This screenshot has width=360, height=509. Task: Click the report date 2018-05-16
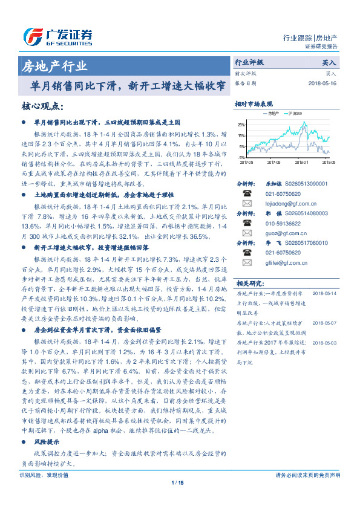[x=323, y=83]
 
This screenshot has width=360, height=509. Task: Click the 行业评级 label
[x=249, y=62]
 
